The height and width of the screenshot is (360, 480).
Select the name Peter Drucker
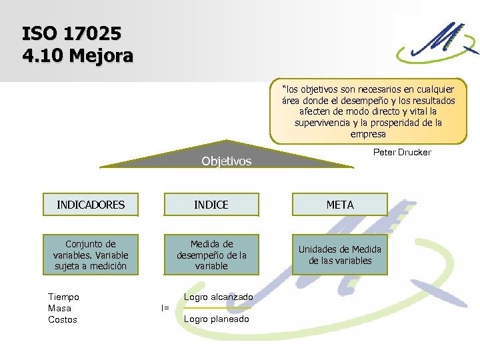coord(402,152)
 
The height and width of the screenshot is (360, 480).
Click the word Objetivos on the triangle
coord(227,161)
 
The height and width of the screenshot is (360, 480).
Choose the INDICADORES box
coord(91,205)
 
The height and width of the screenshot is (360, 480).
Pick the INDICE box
coord(211,205)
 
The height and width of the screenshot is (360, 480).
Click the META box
coord(340,205)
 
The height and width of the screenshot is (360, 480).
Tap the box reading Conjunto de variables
coord(91,255)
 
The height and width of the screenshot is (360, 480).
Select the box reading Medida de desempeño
coord(211,255)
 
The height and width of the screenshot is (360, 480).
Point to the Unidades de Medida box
coord(340,255)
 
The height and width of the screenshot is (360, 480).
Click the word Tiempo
coord(63,297)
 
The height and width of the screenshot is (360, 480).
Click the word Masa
coord(59,308)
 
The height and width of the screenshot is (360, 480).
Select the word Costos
coord(63,320)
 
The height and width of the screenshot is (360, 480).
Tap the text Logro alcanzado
coord(218,297)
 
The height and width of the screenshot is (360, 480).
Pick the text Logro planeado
coord(216,319)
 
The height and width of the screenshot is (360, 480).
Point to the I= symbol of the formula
coord(165,308)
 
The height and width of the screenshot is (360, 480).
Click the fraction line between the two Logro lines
coord(217,308)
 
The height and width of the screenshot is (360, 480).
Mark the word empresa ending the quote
coord(368,134)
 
